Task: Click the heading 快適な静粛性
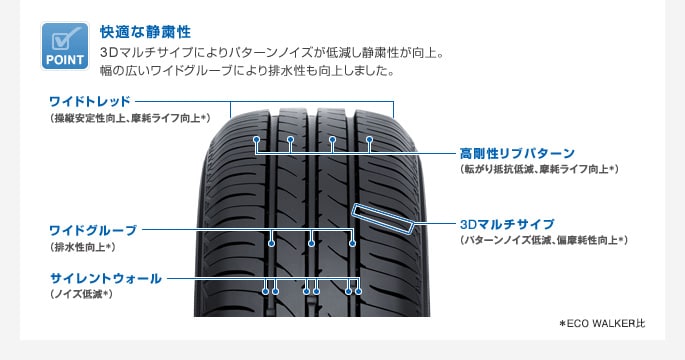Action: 145,32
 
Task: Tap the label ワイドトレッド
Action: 89,101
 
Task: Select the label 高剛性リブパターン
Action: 517,153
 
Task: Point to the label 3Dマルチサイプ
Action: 506,224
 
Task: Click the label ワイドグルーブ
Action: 92,230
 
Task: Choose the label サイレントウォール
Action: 105,278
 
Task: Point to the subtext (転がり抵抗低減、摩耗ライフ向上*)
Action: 539,170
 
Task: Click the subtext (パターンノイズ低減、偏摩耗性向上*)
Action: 543,240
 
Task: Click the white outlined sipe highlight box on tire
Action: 382,219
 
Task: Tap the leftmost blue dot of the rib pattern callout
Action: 256,139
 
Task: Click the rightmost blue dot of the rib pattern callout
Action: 369,139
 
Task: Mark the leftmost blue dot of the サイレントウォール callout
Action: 265,291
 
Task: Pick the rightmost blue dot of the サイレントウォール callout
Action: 358,291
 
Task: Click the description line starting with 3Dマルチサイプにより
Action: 271,51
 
